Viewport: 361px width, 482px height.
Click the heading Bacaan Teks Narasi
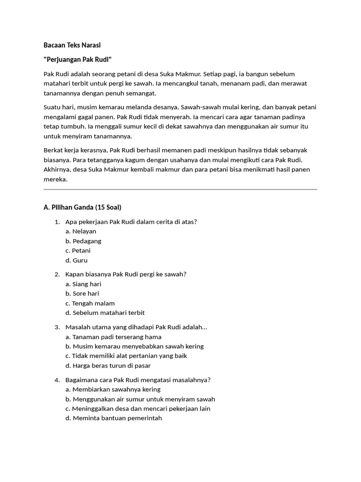(x=72, y=45)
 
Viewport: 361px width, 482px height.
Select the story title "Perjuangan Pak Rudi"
(x=78, y=59)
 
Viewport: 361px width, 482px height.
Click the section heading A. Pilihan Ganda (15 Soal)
(x=82, y=207)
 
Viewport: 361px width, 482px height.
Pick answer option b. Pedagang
(x=83, y=241)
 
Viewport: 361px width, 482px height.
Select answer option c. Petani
(x=78, y=250)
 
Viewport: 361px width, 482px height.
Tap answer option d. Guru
(x=77, y=260)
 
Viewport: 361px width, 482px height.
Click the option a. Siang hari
(x=83, y=284)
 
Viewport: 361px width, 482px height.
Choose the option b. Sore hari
(x=82, y=293)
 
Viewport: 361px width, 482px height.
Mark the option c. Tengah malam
(x=90, y=303)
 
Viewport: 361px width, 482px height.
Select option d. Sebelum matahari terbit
(x=105, y=313)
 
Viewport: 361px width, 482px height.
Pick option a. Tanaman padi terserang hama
(x=113, y=337)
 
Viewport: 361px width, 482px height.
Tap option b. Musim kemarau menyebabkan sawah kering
(x=134, y=346)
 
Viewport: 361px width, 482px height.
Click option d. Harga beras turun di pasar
(x=108, y=365)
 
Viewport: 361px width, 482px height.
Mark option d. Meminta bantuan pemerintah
(x=114, y=418)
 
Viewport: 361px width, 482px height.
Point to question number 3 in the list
(x=57, y=327)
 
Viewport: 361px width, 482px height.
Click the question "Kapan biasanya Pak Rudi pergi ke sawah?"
(x=126, y=274)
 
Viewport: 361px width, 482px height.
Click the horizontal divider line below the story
(x=180, y=190)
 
